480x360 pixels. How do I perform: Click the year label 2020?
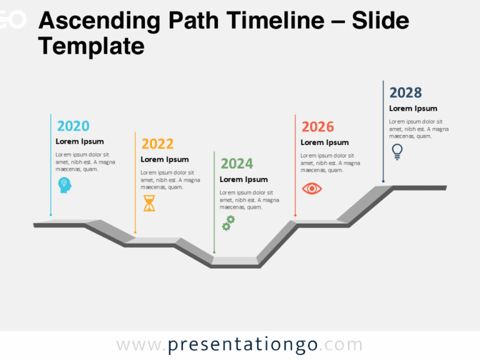pyautogui.click(x=73, y=126)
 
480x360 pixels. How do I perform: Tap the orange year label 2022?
pyautogui.click(x=157, y=144)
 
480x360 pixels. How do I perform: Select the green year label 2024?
pyautogui.click(x=237, y=164)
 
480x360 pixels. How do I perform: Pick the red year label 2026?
pyautogui.click(x=317, y=127)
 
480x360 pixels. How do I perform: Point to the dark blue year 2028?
pyautogui.click(x=406, y=92)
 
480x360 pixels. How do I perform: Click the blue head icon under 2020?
pyautogui.click(x=64, y=184)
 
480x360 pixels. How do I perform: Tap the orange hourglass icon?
pyautogui.click(x=149, y=203)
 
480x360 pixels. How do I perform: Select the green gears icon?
pyautogui.click(x=229, y=222)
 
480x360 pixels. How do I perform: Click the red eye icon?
pyautogui.click(x=311, y=188)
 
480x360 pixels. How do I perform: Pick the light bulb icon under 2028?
pyautogui.click(x=397, y=151)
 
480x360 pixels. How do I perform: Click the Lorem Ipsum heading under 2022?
pyautogui.click(x=164, y=159)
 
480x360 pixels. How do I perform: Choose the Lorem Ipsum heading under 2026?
pyautogui.click(x=324, y=142)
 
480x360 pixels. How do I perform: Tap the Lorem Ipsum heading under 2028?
pyautogui.click(x=413, y=109)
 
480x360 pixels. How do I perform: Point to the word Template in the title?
pyautogui.click(x=91, y=46)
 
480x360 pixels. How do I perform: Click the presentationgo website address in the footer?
pyautogui.click(x=239, y=345)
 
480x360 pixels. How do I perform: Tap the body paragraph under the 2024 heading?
pyautogui.click(x=249, y=200)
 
